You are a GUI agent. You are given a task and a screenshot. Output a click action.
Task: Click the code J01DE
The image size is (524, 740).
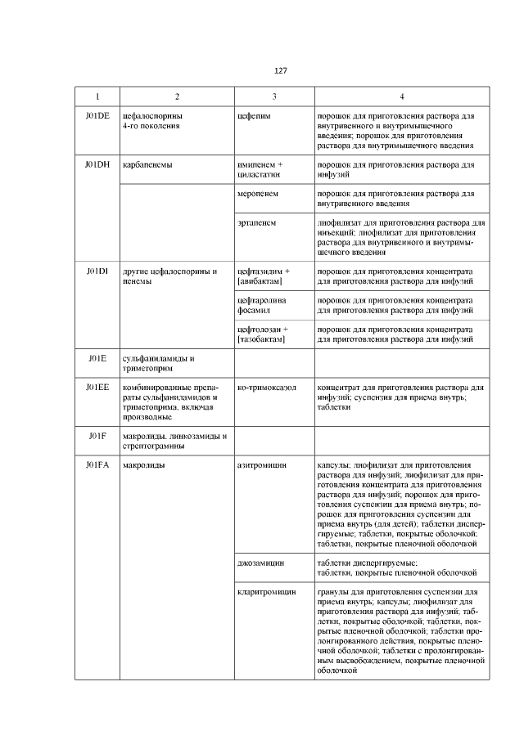(x=97, y=116)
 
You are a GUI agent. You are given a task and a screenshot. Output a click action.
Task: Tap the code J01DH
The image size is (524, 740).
(x=97, y=164)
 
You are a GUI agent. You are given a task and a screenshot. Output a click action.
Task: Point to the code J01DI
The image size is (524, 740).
(x=97, y=271)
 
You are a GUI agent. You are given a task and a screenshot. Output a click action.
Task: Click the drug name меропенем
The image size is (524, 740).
(x=257, y=194)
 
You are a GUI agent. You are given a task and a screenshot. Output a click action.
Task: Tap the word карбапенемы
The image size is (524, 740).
(x=147, y=164)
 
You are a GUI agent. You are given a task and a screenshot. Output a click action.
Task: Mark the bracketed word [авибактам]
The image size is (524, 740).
(x=260, y=281)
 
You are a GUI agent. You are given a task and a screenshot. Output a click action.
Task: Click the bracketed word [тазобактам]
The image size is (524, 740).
(x=260, y=339)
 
